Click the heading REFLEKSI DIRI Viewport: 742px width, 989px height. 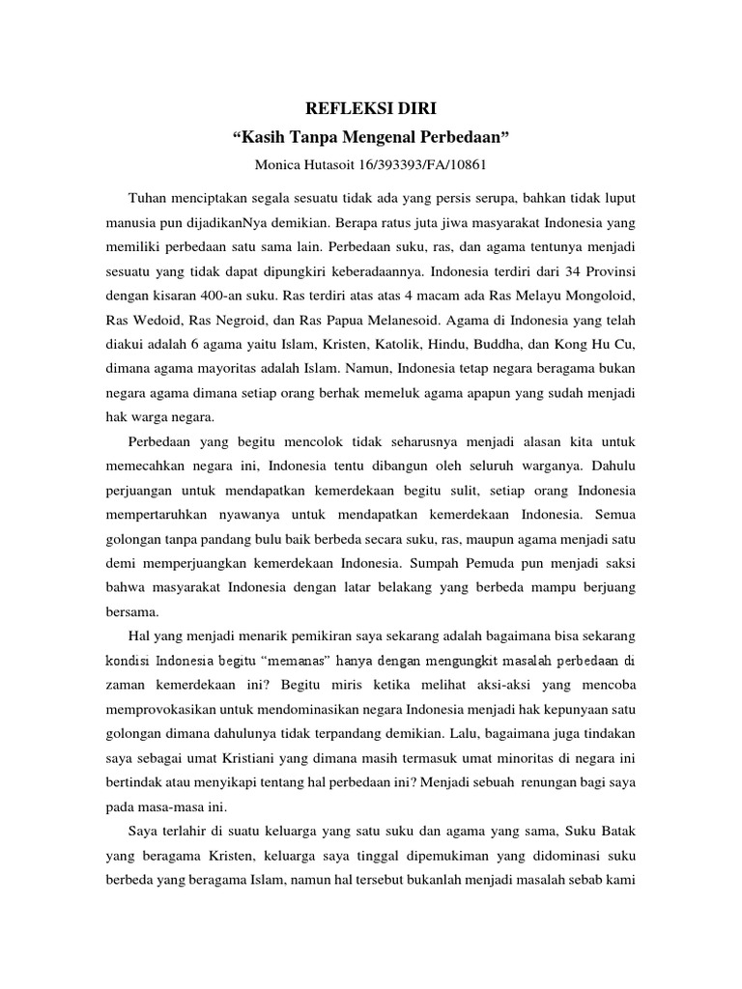(x=370, y=108)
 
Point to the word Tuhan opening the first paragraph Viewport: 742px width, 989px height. (x=146, y=197)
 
